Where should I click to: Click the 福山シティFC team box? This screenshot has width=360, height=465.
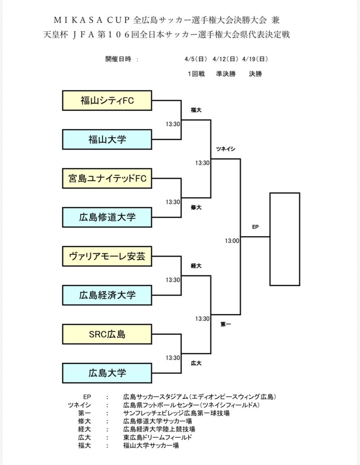(x=107, y=101)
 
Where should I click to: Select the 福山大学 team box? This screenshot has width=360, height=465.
(x=107, y=139)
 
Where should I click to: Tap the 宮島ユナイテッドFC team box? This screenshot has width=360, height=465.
(x=107, y=178)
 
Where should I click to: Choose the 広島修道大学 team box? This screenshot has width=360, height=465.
(x=107, y=217)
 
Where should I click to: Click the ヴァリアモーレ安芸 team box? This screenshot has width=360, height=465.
(x=107, y=257)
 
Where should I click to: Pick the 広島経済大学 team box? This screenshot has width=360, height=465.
(x=107, y=295)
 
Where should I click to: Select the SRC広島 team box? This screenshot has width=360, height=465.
(x=107, y=335)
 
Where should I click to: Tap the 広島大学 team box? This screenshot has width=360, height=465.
(x=107, y=373)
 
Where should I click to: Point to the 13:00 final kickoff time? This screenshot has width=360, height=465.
(x=232, y=241)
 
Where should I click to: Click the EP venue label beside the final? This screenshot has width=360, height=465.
(x=255, y=227)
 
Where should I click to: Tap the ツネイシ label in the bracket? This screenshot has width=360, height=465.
(x=226, y=148)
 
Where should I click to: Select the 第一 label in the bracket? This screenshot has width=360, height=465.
(x=226, y=325)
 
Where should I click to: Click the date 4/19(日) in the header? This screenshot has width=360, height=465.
(x=255, y=59)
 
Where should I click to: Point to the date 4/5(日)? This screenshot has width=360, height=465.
(x=196, y=59)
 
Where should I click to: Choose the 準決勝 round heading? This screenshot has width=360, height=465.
(x=226, y=74)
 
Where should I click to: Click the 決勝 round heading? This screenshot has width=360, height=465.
(x=255, y=74)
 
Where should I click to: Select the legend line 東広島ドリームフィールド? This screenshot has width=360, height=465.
(x=158, y=437)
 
